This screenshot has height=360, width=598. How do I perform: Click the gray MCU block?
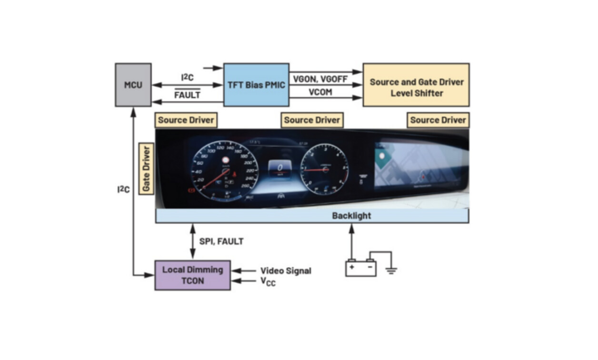point(133,85)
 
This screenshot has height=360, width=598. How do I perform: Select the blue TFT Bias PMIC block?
point(256,85)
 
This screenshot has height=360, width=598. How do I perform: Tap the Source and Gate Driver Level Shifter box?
point(416,88)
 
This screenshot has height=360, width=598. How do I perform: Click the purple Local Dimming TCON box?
point(192,275)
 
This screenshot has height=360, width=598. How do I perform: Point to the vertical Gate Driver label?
point(146,169)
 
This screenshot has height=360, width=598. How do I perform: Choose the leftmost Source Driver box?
point(187,120)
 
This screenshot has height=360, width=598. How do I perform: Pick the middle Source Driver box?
point(312,120)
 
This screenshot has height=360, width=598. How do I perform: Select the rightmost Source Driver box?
point(438,120)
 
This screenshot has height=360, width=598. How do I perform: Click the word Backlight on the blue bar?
point(351,216)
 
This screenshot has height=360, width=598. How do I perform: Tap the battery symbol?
point(360,267)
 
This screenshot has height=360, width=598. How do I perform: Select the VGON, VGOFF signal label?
point(320,79)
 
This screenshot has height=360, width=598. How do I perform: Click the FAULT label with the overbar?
point(187,95)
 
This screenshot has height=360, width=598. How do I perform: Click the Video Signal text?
point(286,270)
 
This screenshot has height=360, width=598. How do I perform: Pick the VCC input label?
point(268,282)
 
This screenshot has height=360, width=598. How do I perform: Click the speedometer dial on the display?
point(222,170)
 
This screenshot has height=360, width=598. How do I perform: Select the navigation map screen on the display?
point(419,167)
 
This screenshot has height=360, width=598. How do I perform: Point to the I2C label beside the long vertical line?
point(123,189)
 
